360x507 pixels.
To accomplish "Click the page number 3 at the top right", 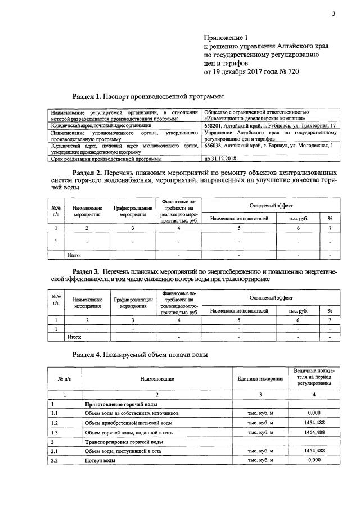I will click(x=333, y=15).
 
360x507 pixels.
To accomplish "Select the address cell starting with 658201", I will click(x=269, y=125).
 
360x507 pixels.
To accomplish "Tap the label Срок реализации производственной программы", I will click(x=110, y=159).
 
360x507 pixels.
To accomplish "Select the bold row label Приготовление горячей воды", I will click(x=120, y=404).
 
